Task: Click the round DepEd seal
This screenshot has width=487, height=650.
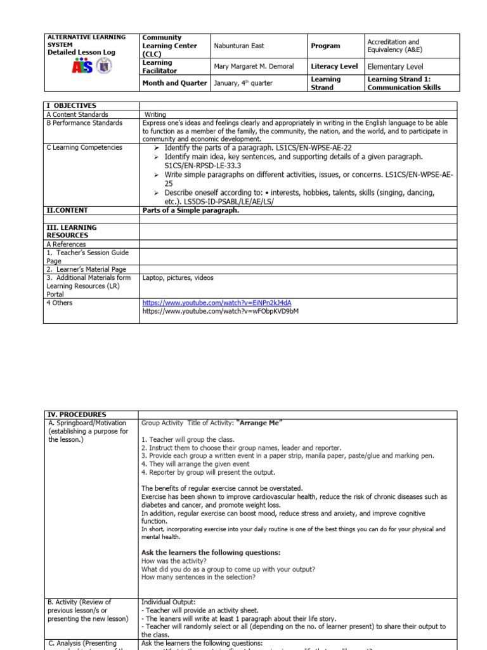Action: click(106, 66)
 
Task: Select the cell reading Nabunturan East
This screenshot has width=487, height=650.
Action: click(238, 46)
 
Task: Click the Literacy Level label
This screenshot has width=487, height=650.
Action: click(334, 66)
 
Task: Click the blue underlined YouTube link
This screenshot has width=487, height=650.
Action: click(217, 303)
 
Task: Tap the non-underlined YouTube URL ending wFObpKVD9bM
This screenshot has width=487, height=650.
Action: click(220, 312)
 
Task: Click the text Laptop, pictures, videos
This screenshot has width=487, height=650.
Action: click(178, 277)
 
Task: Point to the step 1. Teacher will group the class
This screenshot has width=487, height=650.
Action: click(188, 439)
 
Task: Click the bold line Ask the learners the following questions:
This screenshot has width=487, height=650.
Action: click(211, 552)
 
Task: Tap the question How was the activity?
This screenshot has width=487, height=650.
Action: click(173, 561)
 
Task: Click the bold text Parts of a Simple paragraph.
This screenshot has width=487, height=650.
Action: click(191, 210)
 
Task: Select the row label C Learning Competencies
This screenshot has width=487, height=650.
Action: click(84, 147)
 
